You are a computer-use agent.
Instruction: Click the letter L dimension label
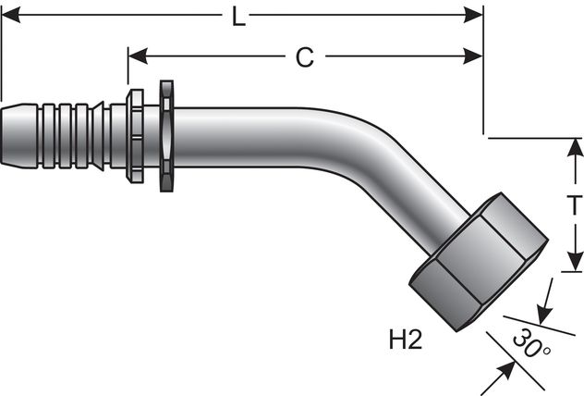tap(238, 18)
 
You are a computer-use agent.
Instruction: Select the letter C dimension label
tap(304, 57)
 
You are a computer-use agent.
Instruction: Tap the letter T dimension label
tap(572, 205)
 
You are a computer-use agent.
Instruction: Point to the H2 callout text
tap(403, 340)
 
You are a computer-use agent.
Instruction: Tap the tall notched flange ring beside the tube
tap(166, 138)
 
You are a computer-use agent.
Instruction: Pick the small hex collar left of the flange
tap(135, 138)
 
